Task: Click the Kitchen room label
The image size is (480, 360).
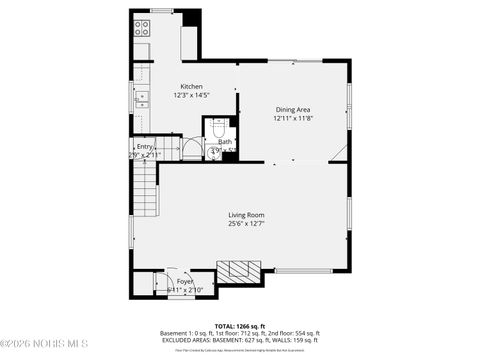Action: pos(192,86)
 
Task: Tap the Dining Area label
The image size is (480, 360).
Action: pos(293,109)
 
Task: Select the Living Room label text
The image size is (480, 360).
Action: pos(245,213)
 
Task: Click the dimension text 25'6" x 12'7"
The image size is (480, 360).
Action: pos(245,222)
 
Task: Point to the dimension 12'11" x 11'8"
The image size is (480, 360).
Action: pos(293,118)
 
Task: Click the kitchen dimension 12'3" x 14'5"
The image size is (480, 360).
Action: pos(192,95)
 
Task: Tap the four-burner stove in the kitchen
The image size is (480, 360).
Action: pos(142,27)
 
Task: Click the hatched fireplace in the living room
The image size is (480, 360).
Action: pos(239,269)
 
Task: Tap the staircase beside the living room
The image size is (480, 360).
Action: pos(145,190)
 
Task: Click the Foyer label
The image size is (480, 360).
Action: pos(185,282)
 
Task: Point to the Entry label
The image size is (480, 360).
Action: pos(145,147)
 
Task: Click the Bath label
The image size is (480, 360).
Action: pos(225,142)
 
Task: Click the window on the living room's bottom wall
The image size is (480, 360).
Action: pos(303,270)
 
